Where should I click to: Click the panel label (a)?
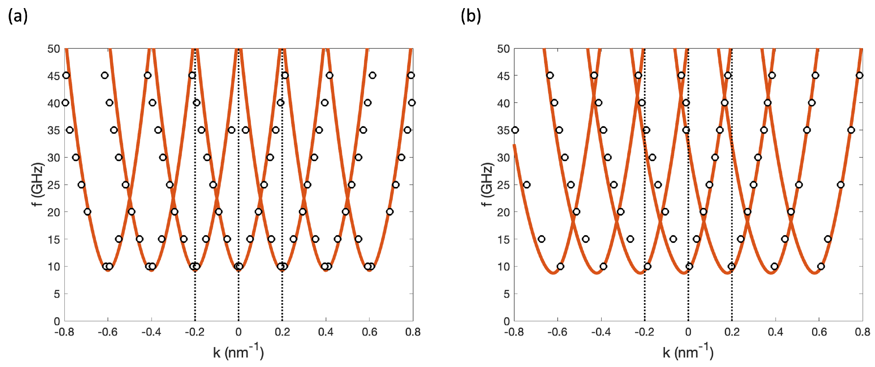click(18, 16)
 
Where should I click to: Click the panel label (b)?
click(471, 16)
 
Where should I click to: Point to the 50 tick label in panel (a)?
click(54, 49)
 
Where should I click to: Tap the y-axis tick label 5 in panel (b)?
click(506, 294)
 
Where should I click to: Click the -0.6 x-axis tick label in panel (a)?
click(107, 332)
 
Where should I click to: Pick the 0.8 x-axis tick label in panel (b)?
click(862, 332)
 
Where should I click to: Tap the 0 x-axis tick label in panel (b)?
click(688, 332)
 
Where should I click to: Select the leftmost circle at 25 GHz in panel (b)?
click(527, 185)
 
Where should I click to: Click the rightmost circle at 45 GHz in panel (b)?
click(859, 75)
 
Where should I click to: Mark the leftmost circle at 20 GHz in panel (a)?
click(87, 212)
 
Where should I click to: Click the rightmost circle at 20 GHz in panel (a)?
click(390, 212)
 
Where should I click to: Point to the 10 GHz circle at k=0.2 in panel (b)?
click(732, 266)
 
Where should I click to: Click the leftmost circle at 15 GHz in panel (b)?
click(541, 239)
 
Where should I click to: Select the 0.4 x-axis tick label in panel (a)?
click(326, 332)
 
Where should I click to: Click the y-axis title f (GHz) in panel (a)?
click(38, 184)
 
